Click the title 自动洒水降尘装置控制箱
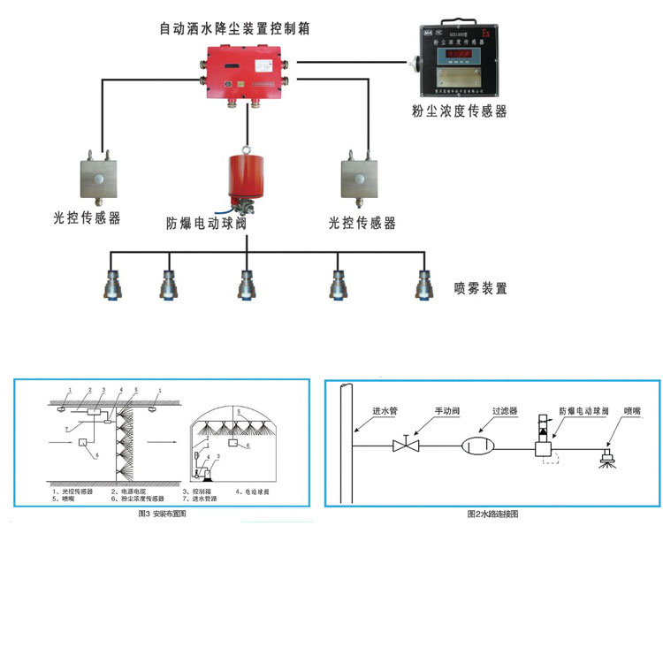click(233, 28)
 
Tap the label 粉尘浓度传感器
click(459, 111)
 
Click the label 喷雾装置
click(481, 288)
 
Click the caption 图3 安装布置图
click(163, 514)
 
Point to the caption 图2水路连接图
click(492, 514)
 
